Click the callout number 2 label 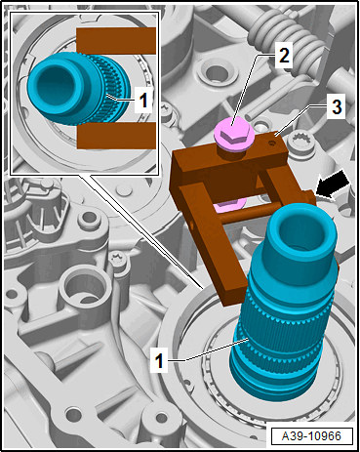[284, 56]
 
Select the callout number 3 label [337, 106]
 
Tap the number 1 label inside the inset [143, 101]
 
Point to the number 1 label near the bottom [159, 360]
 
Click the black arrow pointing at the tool [332, 185]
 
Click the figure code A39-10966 [311, 436]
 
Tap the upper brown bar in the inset [116, 41]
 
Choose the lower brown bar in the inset [116, 135]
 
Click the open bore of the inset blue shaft [57, 84]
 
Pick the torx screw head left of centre [117, 260]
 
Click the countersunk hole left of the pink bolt [214, 72]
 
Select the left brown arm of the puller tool [213, 243]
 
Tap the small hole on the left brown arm [193, 225]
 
